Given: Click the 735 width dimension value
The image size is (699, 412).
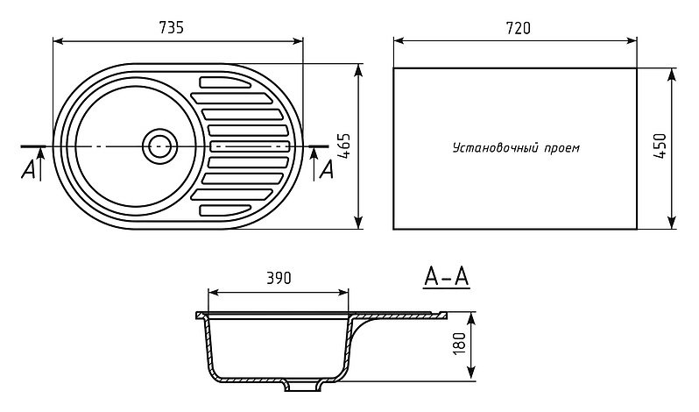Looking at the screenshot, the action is point(171,28).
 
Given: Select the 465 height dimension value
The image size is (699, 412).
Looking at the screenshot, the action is point(343,146).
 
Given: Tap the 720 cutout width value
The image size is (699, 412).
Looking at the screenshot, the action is point(519,28).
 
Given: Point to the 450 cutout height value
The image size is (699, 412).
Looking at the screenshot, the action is point(660,146).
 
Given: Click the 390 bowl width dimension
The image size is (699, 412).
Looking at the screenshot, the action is point(279,278).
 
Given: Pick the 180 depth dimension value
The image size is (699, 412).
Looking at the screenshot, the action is point(459,344).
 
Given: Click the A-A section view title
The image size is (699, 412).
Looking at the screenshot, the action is point(446,277).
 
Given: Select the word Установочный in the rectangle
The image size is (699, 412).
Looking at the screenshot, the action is point(496,147).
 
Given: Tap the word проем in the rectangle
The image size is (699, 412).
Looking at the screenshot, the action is point(562,148).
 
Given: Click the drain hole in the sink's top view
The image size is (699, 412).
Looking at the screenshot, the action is point(159,146).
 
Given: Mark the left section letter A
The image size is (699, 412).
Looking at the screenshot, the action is point(28,169).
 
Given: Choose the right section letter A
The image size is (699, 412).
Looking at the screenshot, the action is point(327,169).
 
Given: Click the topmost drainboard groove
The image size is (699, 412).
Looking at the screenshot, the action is point(225,82).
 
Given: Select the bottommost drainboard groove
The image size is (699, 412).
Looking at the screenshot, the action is point(225,210).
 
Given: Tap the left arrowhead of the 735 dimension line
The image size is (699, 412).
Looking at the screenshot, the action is point(58,41).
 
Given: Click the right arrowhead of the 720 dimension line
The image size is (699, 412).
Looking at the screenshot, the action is point(632,41).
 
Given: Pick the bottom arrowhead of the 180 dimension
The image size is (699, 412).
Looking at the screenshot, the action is point(470,376).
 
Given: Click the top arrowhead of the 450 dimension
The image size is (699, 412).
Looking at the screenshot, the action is point(672,74).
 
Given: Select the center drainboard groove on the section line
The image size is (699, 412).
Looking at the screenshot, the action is point(250,146).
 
